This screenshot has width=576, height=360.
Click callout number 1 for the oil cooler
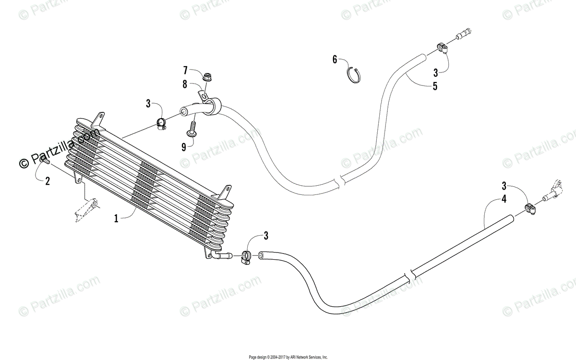(116, 218)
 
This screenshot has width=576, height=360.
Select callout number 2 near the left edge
(47, 181)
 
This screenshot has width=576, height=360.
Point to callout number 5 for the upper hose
(435, 86)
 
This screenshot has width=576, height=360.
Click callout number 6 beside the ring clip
(335, 60)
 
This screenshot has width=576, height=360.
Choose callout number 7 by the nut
(185, 71)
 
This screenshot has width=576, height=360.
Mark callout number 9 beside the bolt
(184, 147)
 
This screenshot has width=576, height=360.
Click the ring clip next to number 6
(353, 74)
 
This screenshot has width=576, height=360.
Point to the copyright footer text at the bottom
(288, 357)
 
